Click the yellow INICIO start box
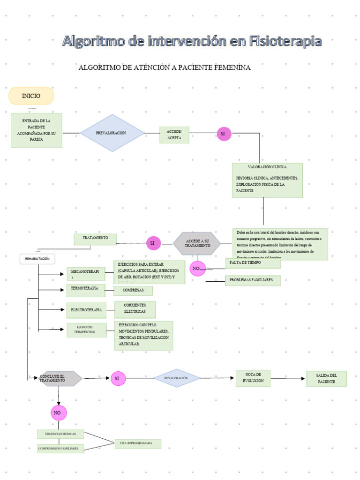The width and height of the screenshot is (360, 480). [31, 96]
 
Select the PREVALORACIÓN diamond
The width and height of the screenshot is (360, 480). [112, 133]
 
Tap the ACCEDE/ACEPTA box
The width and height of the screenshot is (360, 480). [174, 135]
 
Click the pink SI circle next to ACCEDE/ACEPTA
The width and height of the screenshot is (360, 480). [224, 134]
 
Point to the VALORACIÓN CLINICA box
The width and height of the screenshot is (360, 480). [267, 180]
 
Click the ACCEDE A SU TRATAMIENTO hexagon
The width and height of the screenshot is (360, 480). [197, 243]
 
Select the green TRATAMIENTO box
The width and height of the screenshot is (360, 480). [95, 239]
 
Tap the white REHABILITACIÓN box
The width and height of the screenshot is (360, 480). [37, 259]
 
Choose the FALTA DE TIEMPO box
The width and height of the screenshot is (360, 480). [253, 263]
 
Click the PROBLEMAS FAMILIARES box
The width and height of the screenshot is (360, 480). [253, 281]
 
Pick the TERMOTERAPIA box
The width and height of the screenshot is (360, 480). [85, 289]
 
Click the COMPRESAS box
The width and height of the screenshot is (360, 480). [133, 291]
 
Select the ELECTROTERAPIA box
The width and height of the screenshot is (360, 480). [86, 310]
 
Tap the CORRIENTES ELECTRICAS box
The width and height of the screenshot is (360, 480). [135, 309]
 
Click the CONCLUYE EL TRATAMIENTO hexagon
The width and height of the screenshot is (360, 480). [58, 378]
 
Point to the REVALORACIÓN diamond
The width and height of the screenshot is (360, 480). [177, 378]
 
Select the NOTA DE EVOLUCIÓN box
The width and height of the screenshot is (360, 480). [253, 378]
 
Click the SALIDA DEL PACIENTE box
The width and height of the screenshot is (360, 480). [326, 379]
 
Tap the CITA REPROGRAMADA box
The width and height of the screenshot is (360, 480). [138, 443]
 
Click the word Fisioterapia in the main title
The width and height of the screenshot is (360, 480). [285, 41]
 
